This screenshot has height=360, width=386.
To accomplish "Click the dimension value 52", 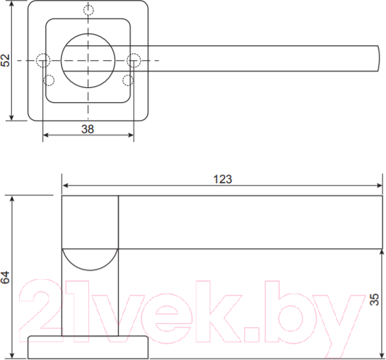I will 5,60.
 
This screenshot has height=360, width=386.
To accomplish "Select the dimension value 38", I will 87,128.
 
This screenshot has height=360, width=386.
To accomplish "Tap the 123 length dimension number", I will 222,179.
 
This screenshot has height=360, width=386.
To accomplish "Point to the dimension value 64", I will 5,277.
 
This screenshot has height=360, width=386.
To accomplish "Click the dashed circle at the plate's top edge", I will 88,10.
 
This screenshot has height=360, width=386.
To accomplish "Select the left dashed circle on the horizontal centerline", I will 43,60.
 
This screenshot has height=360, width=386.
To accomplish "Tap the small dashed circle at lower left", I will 49,80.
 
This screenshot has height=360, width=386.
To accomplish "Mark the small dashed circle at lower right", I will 127,80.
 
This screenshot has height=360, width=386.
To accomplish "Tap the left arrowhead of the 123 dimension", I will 66,185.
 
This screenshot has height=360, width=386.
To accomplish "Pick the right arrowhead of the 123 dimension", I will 379,185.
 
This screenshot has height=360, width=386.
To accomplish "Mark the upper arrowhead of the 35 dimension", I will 382,252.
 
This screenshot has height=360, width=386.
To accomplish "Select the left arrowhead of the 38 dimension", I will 46,135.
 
